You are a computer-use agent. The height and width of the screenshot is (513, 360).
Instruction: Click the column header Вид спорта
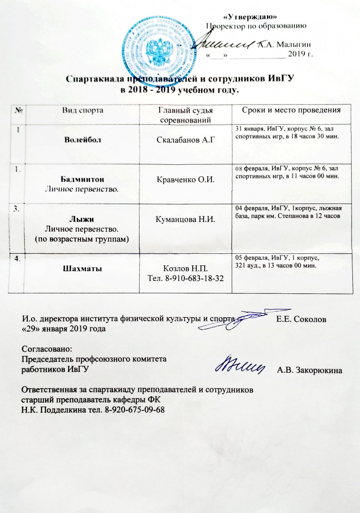83,110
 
